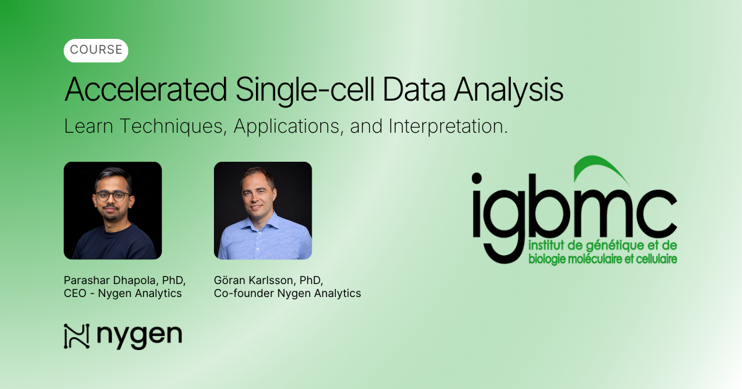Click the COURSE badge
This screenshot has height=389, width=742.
pos(96,51)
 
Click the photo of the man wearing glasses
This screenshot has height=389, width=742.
pos(113,211)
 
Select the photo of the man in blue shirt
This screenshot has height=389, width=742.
pos(263,211)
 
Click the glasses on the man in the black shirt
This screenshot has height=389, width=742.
pos(113,196)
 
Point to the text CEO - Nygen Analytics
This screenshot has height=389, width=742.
pos(122,293)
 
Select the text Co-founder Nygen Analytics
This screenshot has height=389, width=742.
pos(287,293)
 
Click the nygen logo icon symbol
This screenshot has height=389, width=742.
pos(77,336)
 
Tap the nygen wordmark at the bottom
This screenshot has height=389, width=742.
pos(139,337)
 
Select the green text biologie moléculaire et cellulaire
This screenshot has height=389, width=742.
pos(602,258)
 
